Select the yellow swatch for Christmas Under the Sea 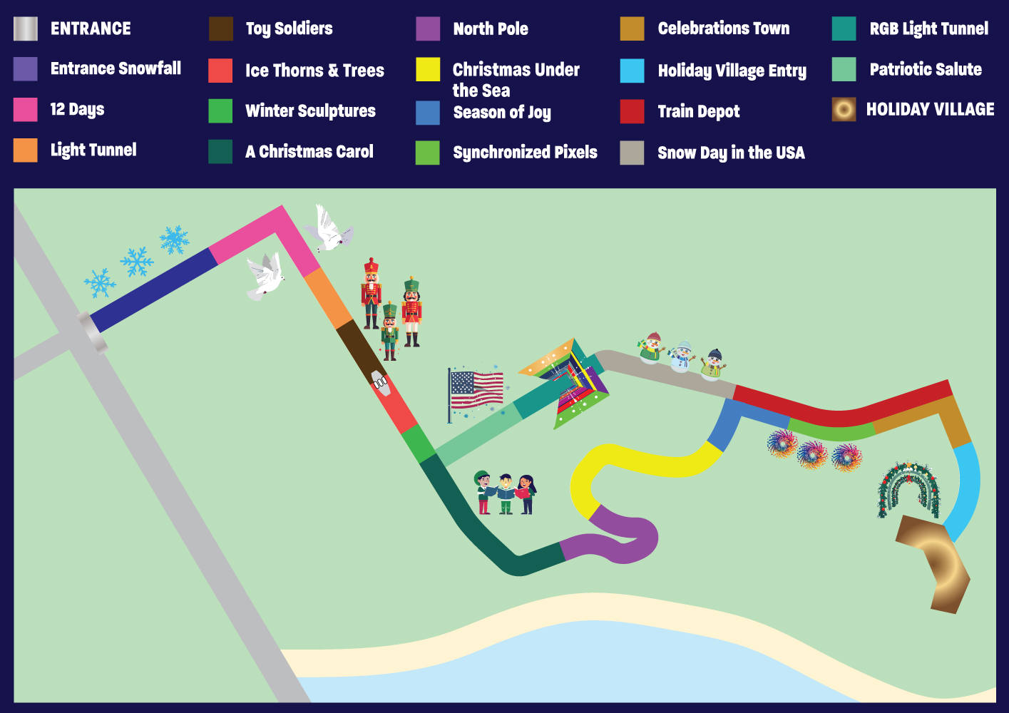pyautogui.click(x=428, y=69)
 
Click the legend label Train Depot pyautogui.click(x=698, y=111)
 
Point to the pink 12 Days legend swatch pyautogui.click(x=25, y=110)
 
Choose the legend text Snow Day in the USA pyautogui.click(x=731, y=153)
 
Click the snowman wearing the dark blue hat pyautogui.click(x=714, y=364)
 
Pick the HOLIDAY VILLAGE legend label pyautogui.click(x=930, y=110)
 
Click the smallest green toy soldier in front pyautogui.click(x=389, y=331)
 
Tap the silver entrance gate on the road pyautogui.click(x=92, y=332)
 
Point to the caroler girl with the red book pyautogui.click(x=526, y=495)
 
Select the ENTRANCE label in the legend pyautogui.click(x=91, y=29)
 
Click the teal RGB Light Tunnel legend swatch pyautogui.click(x=844, y=29)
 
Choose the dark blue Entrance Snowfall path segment pyautogui.click(x=154, y=289)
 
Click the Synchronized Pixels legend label pyautogui.click(x=526, y=153)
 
